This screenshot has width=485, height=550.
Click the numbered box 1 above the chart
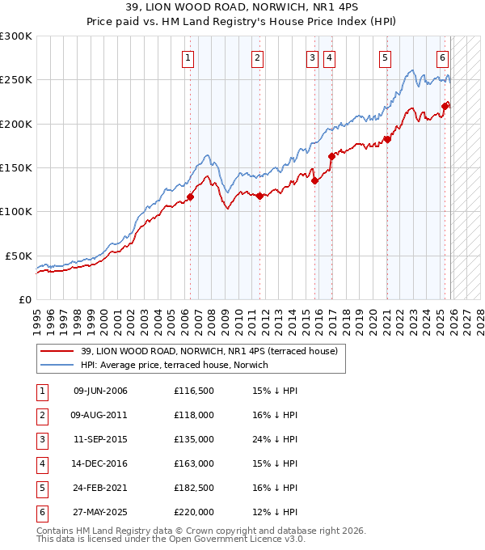[x=188, y=57]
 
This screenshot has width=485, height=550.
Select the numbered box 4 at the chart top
[x=330, y=57]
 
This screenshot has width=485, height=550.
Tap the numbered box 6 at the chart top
[x=443, y=57]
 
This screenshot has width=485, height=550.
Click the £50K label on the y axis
[x=19, y=256]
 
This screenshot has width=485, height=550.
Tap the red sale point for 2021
[x=387, y=139]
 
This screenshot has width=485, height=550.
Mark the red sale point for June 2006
[x=191, y=197]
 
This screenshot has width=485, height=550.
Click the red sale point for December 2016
[x=331, y=156]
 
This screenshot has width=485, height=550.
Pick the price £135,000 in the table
[x=194, y=440]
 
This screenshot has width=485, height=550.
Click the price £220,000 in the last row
[x=194, y=513]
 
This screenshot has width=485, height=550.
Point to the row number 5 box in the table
[x=40, y=489]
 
